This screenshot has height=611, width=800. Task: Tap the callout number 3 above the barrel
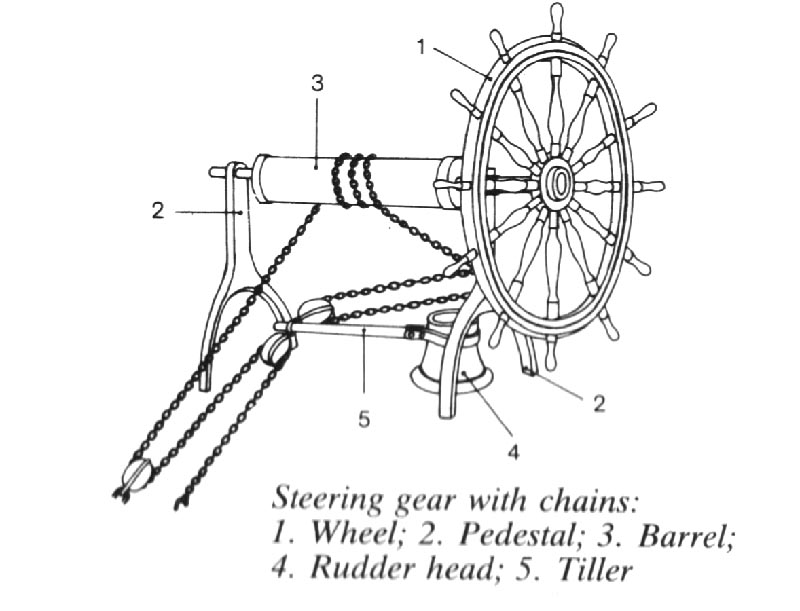[x=317, y=84]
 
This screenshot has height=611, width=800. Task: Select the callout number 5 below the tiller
[x=364, y=417]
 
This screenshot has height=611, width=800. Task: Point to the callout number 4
[x=512, y=452]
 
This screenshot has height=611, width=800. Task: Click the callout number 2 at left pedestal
[x=157, y=211]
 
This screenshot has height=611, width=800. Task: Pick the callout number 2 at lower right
[x=598, y=404]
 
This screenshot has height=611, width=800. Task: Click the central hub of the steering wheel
[x=557, y=184]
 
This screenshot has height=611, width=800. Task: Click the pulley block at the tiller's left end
[x=313, y=313]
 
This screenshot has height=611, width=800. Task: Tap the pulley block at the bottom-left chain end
[x=138, y=478]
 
